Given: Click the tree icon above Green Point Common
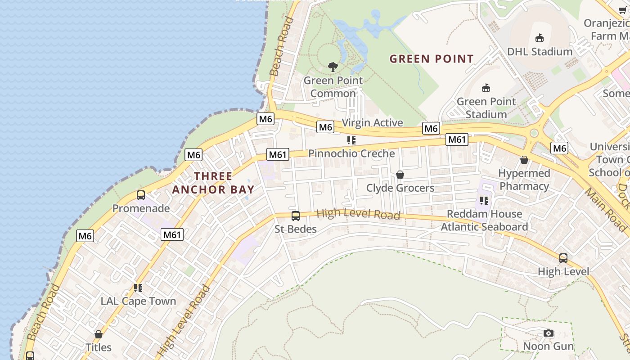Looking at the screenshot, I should point(333,67).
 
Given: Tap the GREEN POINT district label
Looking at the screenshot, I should point(432,59).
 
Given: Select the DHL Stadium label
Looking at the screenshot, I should point(540,51).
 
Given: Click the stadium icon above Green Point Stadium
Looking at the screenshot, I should point(486,88).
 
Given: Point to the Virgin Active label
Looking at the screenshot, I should point(372,122).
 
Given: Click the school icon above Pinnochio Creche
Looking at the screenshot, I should point(351,140).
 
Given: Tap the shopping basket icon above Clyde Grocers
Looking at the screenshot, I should point(400,175).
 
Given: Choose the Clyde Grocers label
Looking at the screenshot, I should point(400,188).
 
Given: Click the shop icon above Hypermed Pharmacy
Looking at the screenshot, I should point(524,160).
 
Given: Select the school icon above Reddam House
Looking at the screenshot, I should point(484,200).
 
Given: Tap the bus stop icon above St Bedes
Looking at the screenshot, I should point(296,216).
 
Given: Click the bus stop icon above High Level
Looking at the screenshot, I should point(563,258).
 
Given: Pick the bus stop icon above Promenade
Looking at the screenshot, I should point(141,195).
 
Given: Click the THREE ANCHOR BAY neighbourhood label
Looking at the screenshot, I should point(213,183).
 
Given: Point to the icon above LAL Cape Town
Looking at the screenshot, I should point(138,288).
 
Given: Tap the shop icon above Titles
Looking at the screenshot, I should point(99,334).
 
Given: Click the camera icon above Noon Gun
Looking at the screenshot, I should point(548,333).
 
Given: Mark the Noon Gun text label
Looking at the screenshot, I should point(548,346).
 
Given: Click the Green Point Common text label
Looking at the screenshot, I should point(333,87).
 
